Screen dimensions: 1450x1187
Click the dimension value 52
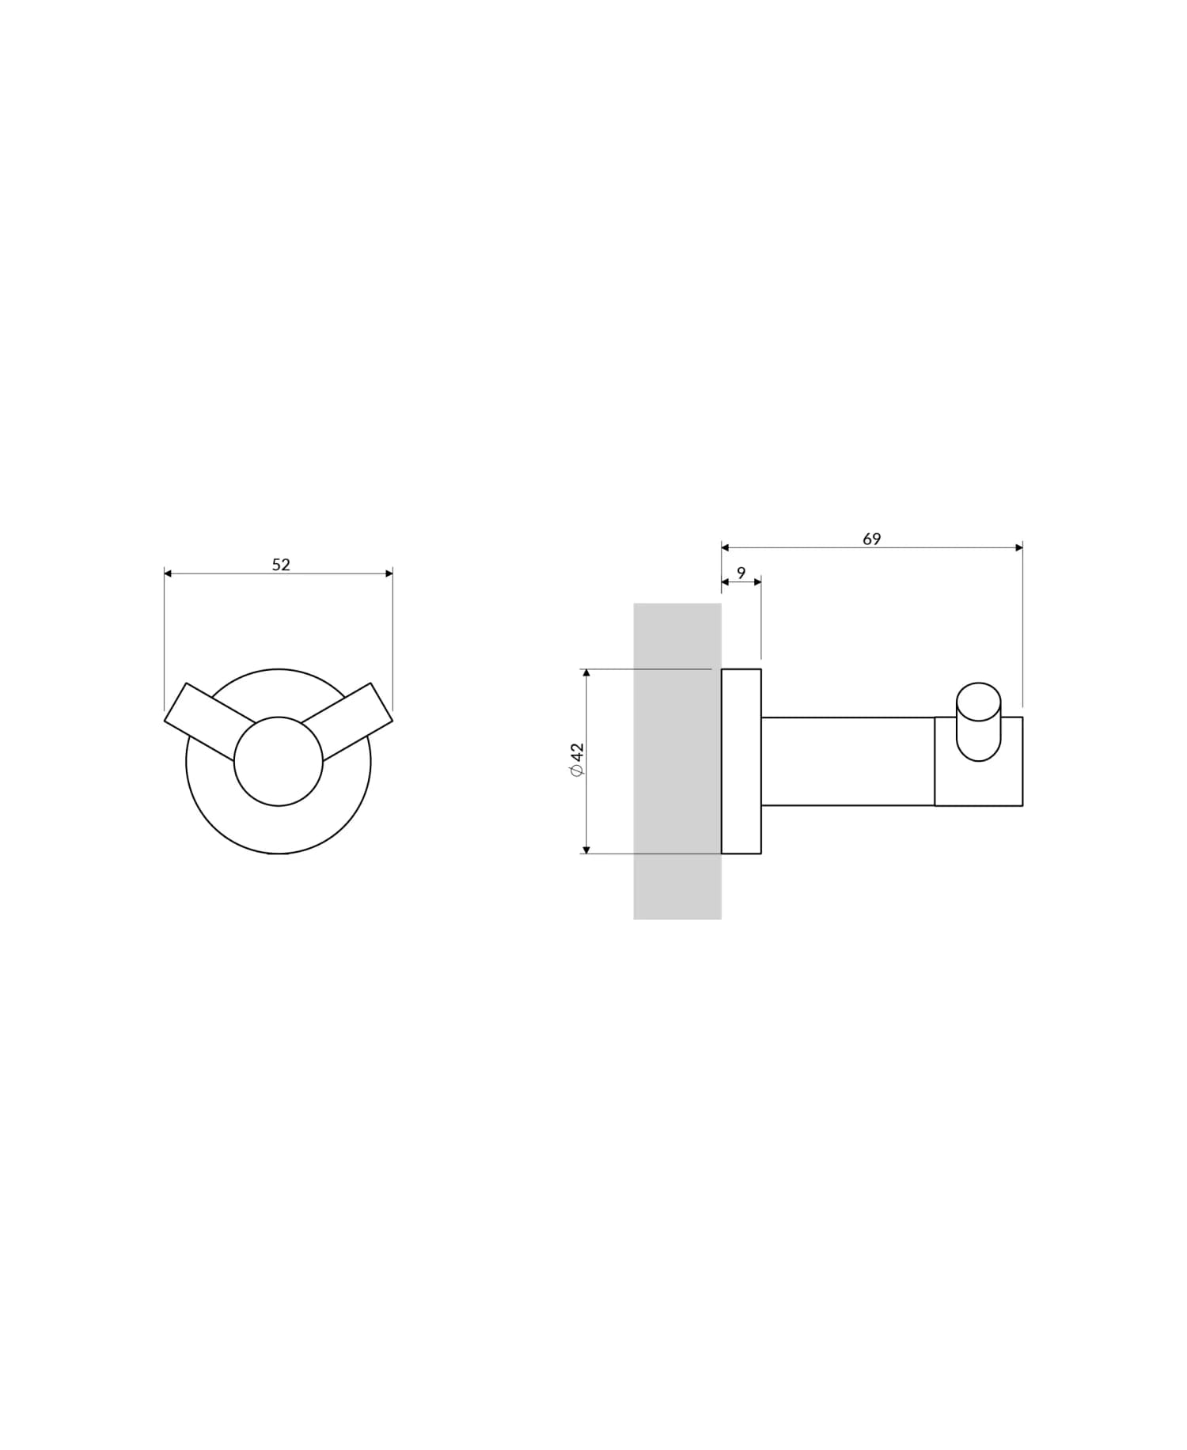pyautogui.click(x=281, y=565)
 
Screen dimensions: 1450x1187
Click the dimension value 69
pyautogui.click(x=871, y=539)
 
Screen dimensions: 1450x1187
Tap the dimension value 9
pyautogui.click(x=741, y=573)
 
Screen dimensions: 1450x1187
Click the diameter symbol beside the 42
pyautogui.click(x=577, y=771)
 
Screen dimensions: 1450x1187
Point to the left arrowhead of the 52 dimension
pyautogui.click(x=168, y=574)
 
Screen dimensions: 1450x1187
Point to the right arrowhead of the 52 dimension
pyautogui.click(x=389, y=574)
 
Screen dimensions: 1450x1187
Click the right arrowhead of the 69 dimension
pyautogui.click(x=1018, y=547)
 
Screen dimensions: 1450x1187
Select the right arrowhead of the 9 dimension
pyautogui.click(x=757, y=582)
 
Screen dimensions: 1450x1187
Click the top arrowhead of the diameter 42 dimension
pyautogui.click(x=586, y=673)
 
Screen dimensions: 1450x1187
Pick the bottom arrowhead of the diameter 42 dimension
pyautogui.click(x=586, y=850)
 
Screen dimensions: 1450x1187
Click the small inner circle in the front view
pyautogui.click(x=279, y=761)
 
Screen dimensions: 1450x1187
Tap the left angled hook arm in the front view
pyautogui.click(x=206, y=713)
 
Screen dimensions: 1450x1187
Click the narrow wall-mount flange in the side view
pyautogui.click(x=741, y=761)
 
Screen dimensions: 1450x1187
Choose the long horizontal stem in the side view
pyautogui.click(x=847, y=761)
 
